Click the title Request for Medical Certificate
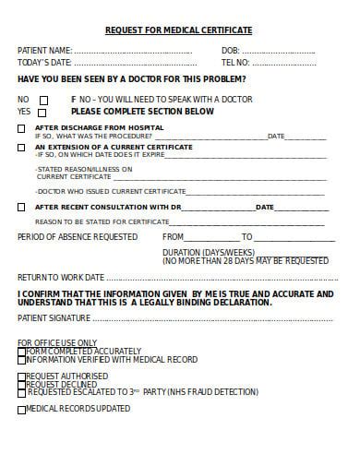(178, 30)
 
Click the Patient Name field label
(44, 50)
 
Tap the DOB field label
(230, 50)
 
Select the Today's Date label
(44, 62)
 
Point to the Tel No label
(235, 62)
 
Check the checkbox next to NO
(42, 100)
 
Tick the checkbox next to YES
(42, 113)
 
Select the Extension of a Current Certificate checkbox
(21, 148)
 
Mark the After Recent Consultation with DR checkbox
(21, 208)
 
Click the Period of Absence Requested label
(78, 237)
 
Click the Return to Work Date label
(61, 277)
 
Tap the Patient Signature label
(54, 318)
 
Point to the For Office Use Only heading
(57, 343)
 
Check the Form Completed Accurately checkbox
(21, 352)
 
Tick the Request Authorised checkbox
(21, 376)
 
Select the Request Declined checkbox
(21, 384)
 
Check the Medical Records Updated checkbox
(21, 409)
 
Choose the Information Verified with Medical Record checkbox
(21, 360)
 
